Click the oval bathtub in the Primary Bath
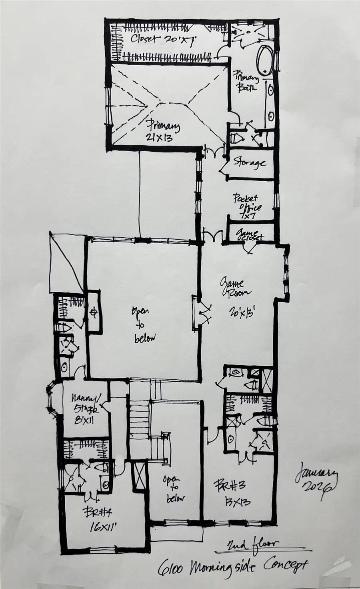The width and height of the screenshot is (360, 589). tap(264, 60)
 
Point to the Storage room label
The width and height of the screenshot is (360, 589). tap(250, 163)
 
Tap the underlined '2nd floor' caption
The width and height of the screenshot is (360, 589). tap(252, 545)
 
